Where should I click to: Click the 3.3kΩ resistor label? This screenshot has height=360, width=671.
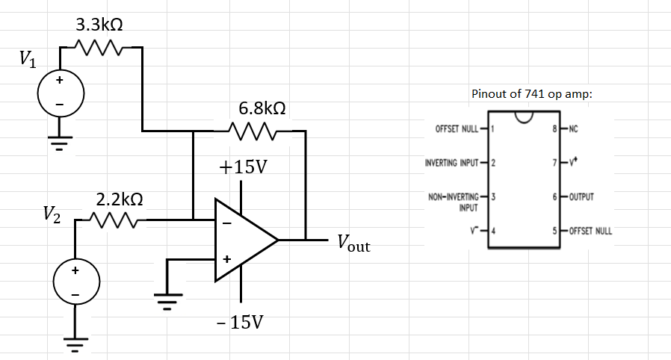[x=99, y=24]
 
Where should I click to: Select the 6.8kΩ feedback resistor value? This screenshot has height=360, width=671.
[x=262, y=109]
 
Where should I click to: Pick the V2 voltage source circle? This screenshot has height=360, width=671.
[x=73, y=283]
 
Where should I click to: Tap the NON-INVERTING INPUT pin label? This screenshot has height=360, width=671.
[x=454, y=202]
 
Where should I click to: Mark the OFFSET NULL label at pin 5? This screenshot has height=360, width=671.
[x=590, y=231]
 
